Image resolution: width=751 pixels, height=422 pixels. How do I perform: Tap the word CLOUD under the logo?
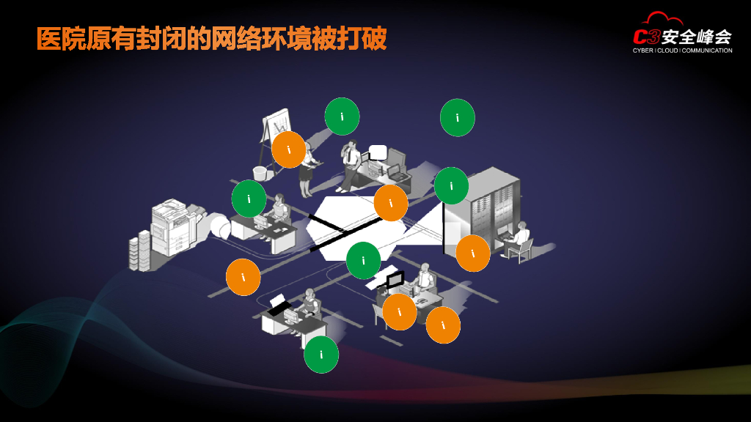tap(667, 51)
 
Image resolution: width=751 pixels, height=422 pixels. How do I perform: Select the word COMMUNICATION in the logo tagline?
tap(707, 51)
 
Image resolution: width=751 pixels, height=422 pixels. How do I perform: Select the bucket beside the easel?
tap(260, 173)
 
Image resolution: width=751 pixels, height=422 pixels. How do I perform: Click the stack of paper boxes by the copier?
tap(139, 249)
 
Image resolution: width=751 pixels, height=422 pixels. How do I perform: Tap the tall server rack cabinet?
tap(481, 212)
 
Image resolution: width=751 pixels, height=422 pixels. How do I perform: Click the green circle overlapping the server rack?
tap(451, 185)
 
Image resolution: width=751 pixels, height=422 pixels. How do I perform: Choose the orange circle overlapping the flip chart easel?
tap(289, 149)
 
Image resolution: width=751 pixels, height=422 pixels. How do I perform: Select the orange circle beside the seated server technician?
tap(473, 253)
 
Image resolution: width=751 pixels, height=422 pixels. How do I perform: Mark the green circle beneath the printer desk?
tap(321, 354)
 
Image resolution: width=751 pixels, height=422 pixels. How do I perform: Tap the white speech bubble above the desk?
tap(378, 152)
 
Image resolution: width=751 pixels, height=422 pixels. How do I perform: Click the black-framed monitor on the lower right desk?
tap(395, 279)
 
